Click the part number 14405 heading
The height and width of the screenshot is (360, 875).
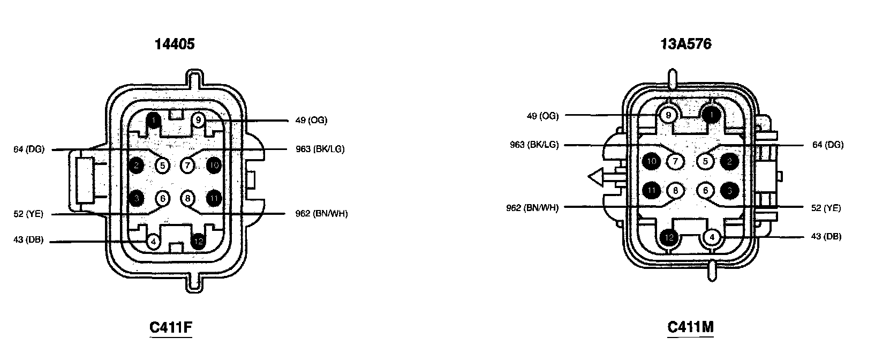[x=175, y=44]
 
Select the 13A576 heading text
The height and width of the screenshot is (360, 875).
[x=686, y=44]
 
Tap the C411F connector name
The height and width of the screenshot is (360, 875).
[x=170, y=327]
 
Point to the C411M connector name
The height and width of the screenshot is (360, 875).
[x=690, y=327]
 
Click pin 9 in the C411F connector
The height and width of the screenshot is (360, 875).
[x=198, y=120]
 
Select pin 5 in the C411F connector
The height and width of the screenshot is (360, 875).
[x=163, y=166]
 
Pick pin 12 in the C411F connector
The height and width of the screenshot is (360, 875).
[x=199, y=242]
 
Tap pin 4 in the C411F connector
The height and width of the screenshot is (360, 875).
[x=153, y=242]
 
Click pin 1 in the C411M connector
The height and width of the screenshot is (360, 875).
[x=711, y=115]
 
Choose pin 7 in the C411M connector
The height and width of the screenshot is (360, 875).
[x=675, y=161]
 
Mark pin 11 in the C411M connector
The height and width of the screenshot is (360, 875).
[x=651, y=190]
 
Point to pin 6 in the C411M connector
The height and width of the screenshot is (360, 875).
[x=705, y=190]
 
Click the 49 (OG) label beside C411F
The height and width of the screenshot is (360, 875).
[x=311, y=120]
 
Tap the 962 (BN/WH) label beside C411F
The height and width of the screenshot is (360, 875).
[x=321, y=214]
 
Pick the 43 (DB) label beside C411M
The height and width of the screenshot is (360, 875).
[x=826, y=236]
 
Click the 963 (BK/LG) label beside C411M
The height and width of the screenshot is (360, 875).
[x=534, y=145]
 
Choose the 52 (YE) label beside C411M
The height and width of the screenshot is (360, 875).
[x=825, y=208]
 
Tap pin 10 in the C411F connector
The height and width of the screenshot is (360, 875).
[x=214, y=166]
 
